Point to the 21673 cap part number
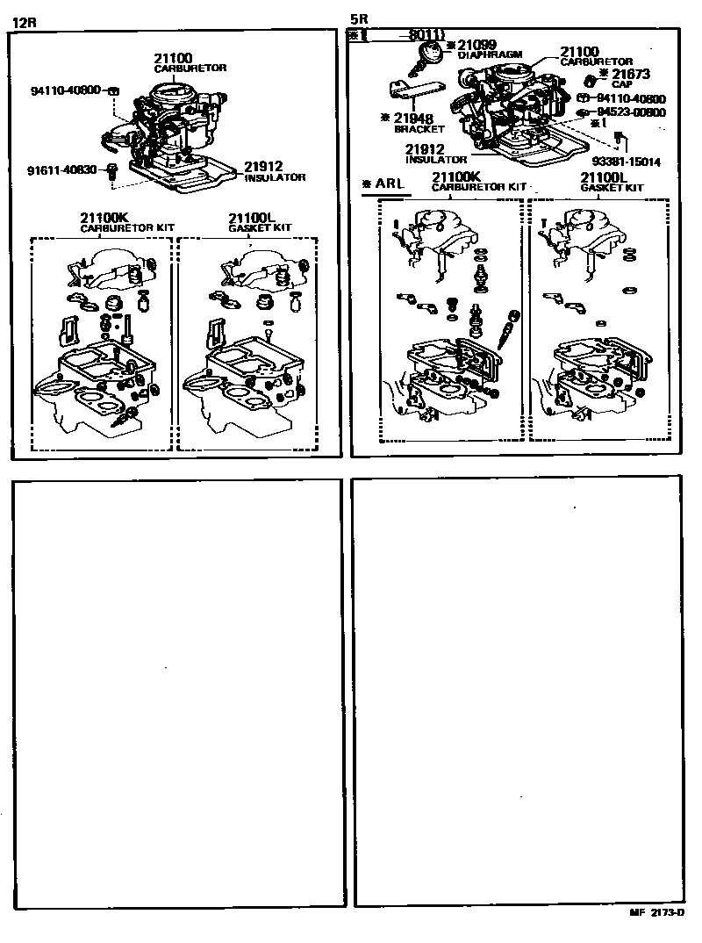click(x=631, y=75)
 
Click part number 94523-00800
click(x=631, y=112)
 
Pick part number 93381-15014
click(x=626, y=162)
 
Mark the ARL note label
click(x=389, y=185)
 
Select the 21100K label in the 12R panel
click(x=103, y=217)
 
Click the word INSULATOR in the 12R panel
click(x=275, y=177)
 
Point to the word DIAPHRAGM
click(x=491, y=54)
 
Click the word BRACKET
click(x=419, y=129)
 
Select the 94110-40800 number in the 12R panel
click(x=66, y=90)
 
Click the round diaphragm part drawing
click(x=426, y=55)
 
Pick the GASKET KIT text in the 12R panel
click(x=260, y=227)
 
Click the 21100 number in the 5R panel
click(x=580, y=52)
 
